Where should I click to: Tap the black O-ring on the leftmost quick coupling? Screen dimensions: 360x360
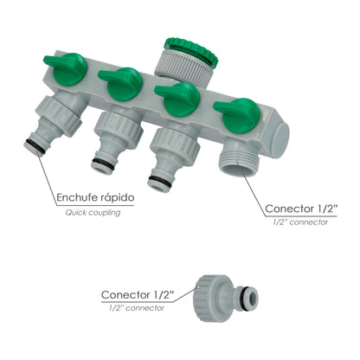click(34, 145)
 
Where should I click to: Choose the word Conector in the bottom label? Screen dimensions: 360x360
click(131, 294)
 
